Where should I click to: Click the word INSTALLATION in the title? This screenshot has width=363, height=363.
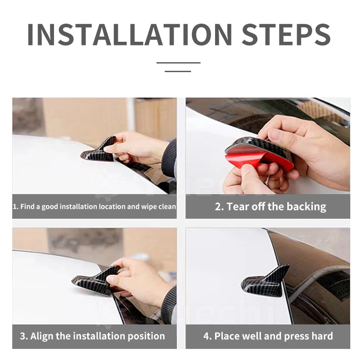pos(130,35)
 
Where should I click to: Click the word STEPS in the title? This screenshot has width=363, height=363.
pos(286,35)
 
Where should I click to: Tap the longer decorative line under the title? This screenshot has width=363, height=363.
pos(178,63)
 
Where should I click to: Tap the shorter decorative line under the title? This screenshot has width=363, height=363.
pos(178,71)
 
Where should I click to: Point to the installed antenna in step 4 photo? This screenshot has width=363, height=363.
pos(265,281)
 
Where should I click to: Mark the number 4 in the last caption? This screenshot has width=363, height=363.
pos(206,336)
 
